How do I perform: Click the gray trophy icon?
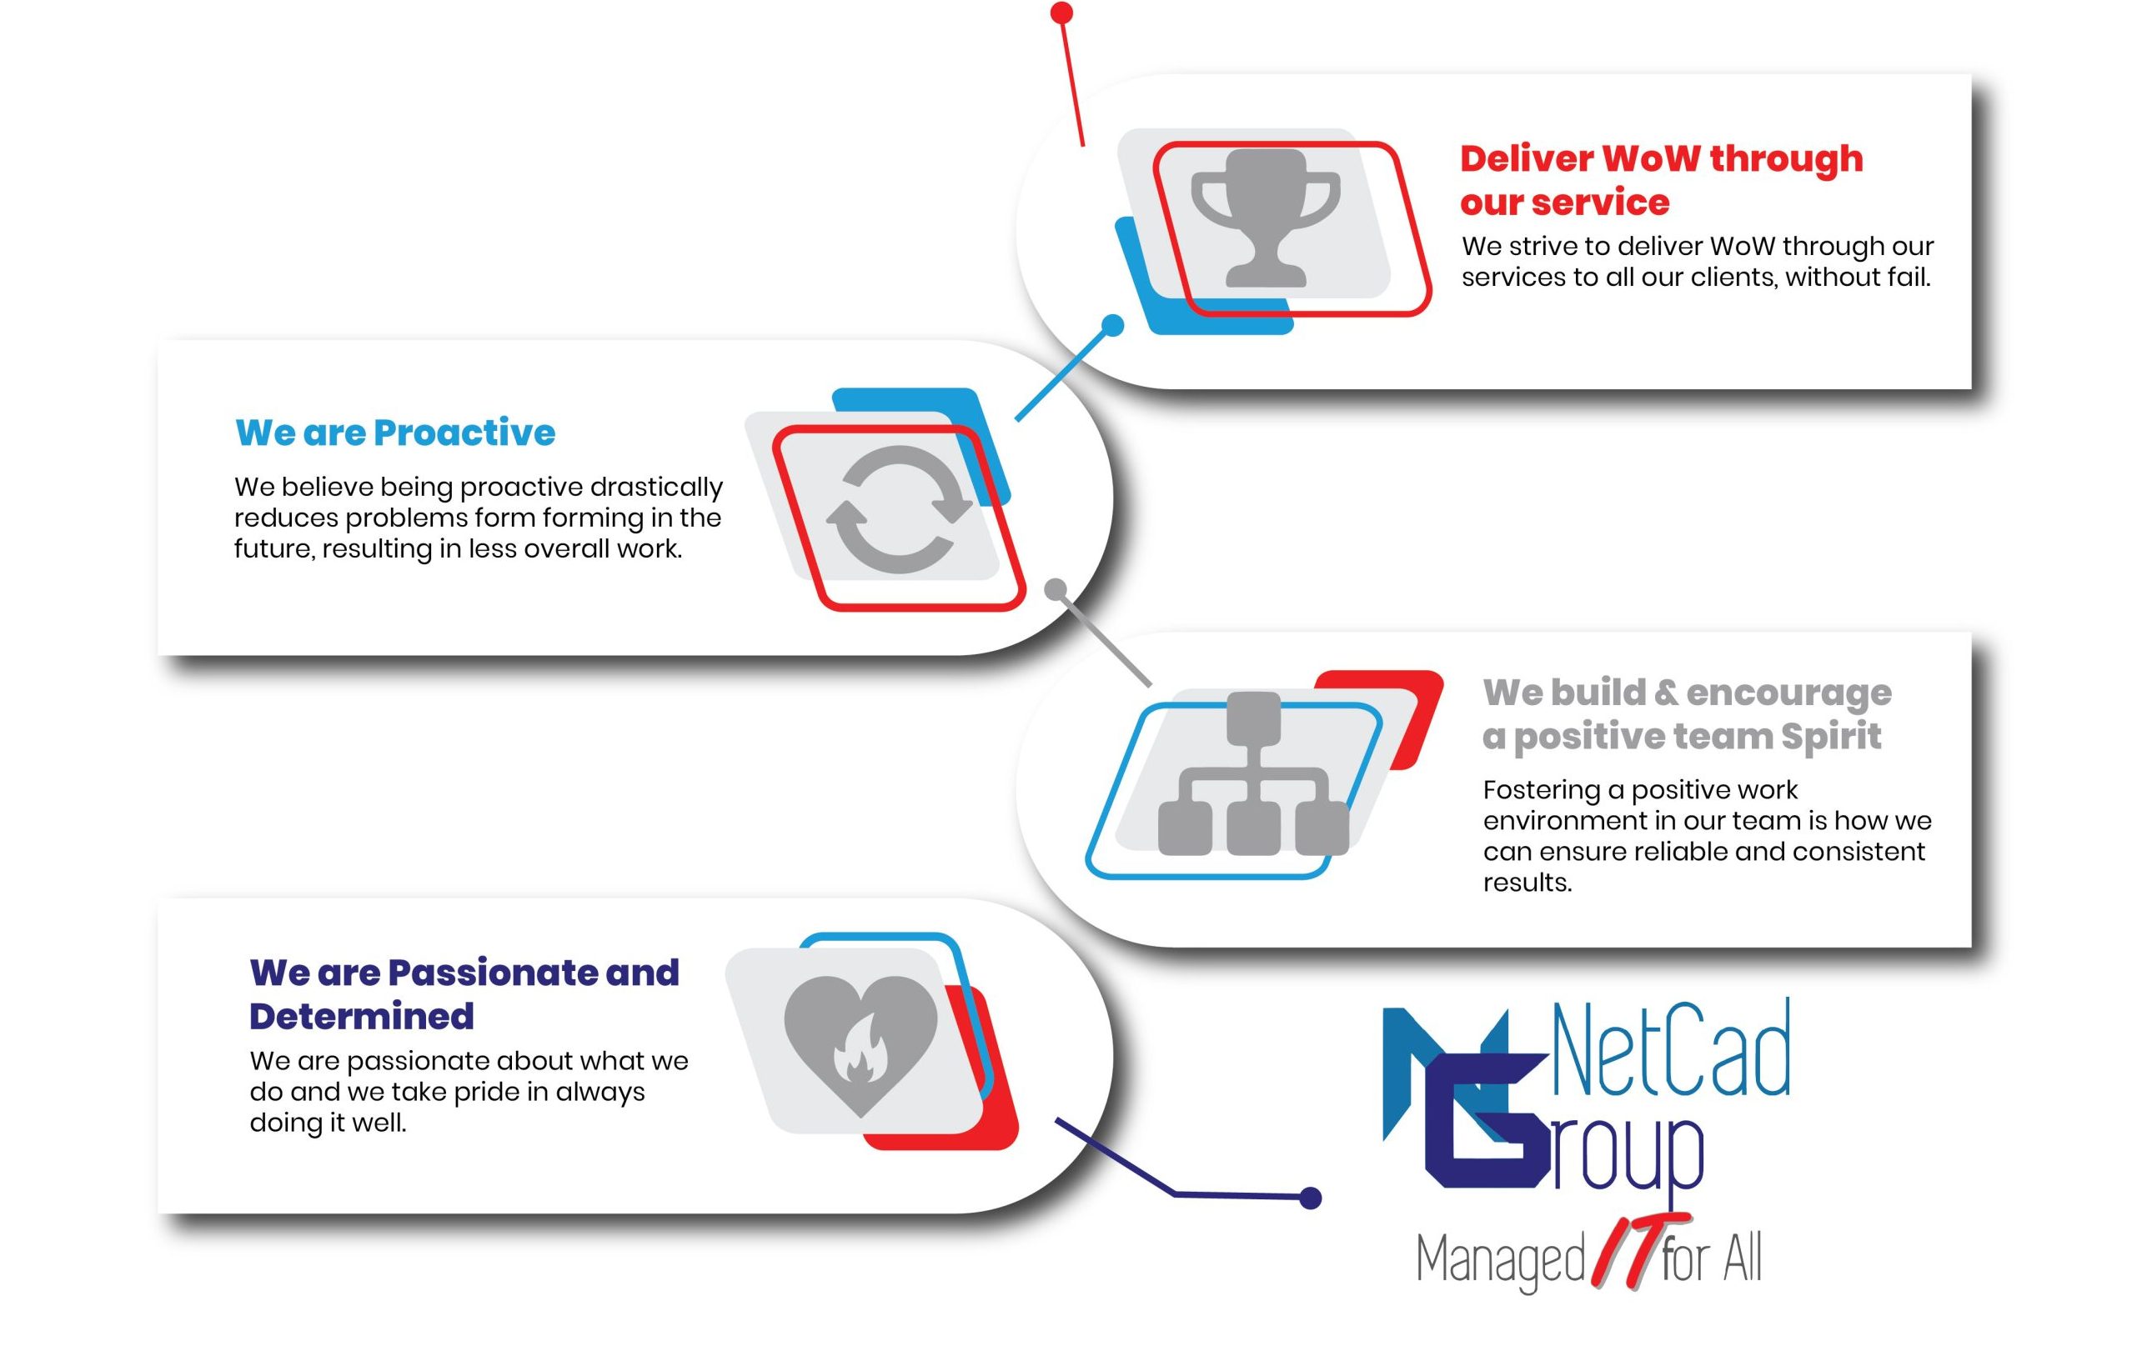1264,218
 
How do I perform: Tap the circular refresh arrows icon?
899,509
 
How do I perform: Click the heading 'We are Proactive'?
395,433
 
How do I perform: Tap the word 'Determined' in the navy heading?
361,1017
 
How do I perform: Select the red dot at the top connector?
1061,13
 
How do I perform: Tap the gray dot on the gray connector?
1055,590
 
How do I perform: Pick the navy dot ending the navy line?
1310,1198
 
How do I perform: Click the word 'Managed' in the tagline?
1499,1260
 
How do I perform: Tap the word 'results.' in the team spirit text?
1527,883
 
